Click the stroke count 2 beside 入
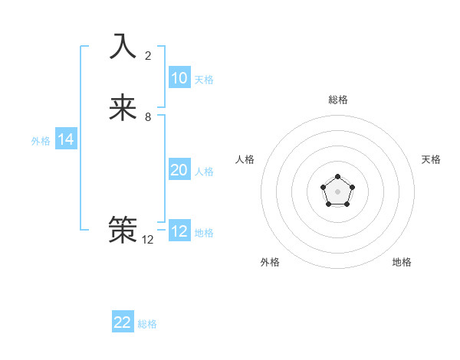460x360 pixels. [x=148, y=56]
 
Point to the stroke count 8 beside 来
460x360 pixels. [x=148, y=118]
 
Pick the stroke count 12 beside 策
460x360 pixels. [x=148, y=239]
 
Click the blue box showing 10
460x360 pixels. [x=179, y=78]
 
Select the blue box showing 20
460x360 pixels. [x=179, y=170]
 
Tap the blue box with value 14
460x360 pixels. [x=66, y=139]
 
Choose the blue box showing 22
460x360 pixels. [x=123, y=322]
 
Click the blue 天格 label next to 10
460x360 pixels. [x=204, y=80]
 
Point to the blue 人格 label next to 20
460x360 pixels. [x=204, y=172]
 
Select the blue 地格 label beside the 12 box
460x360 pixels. [x=204, y=233]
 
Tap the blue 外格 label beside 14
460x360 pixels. [x=41, y=141]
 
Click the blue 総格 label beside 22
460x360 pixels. [x=147, y=324]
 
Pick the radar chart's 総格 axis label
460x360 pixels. [x=338, y=100]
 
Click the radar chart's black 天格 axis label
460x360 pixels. [x=431, y=159]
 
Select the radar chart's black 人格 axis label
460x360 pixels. [x=245, y=159]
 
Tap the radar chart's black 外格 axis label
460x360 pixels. [x=270, y=262]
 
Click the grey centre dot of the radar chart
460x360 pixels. [x=337, y=191]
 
